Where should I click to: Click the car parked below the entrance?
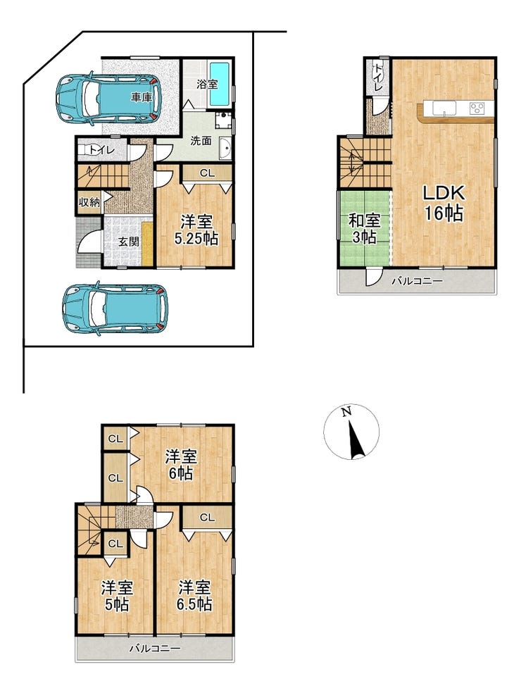115,308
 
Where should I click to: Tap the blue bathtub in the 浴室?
219,84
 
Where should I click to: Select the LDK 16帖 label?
444,204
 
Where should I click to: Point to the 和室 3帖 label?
365,228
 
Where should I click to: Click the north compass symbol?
351,431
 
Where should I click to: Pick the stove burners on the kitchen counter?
477,108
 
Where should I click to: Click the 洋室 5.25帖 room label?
196,230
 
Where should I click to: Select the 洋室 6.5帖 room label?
194,596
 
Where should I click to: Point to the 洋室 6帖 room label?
181,465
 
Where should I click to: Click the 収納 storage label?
89,202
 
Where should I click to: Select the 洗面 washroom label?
201,141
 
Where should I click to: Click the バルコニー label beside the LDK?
417,280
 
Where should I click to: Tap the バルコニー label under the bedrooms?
155,649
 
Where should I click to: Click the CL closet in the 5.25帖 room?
207,173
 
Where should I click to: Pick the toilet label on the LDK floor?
378,77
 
